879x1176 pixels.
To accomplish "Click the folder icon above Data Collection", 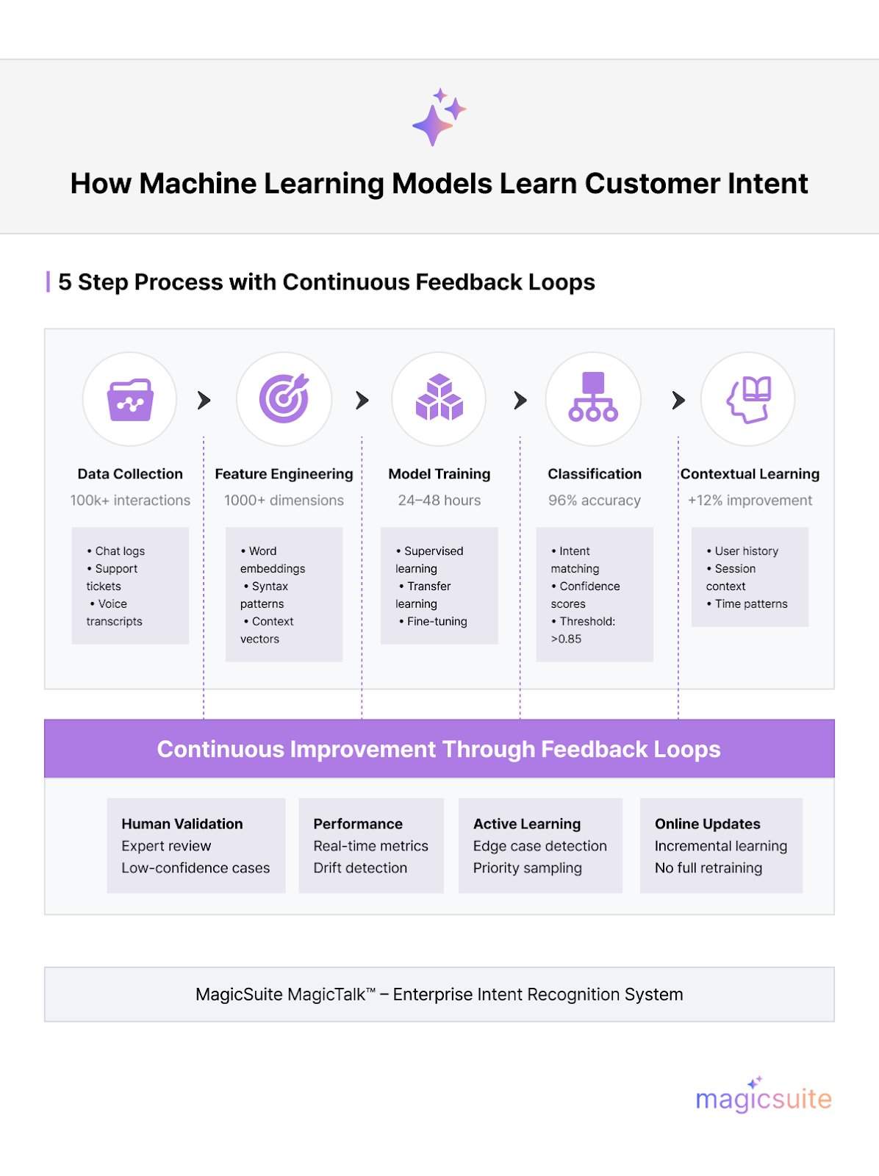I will [130, 400].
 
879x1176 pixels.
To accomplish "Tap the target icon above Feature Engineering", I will [284, 399].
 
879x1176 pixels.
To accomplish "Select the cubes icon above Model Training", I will [439, 398].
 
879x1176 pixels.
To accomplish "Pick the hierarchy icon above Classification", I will [593, 398].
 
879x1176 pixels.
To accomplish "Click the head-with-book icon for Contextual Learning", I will [748, 399].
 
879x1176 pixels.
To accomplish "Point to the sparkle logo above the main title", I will [439, 117].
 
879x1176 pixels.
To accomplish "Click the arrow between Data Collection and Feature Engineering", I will [204, 401].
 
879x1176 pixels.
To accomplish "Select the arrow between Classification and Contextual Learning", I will [678, 401].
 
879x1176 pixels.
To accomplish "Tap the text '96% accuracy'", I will [594, 501].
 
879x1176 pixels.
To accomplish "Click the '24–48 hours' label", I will [439, 501].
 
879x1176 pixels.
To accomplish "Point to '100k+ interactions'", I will [130, 501].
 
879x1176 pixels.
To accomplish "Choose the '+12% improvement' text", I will [750, 501].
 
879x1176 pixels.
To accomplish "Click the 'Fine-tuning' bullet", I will [437, 622].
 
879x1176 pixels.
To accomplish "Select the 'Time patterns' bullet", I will [750, 604].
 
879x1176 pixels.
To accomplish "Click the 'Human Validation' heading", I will [182, 824].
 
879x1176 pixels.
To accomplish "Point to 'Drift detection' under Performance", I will [360, 868].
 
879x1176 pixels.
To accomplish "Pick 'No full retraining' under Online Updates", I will [708, 868].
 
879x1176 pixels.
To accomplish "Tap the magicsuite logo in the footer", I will [763, 1097].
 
